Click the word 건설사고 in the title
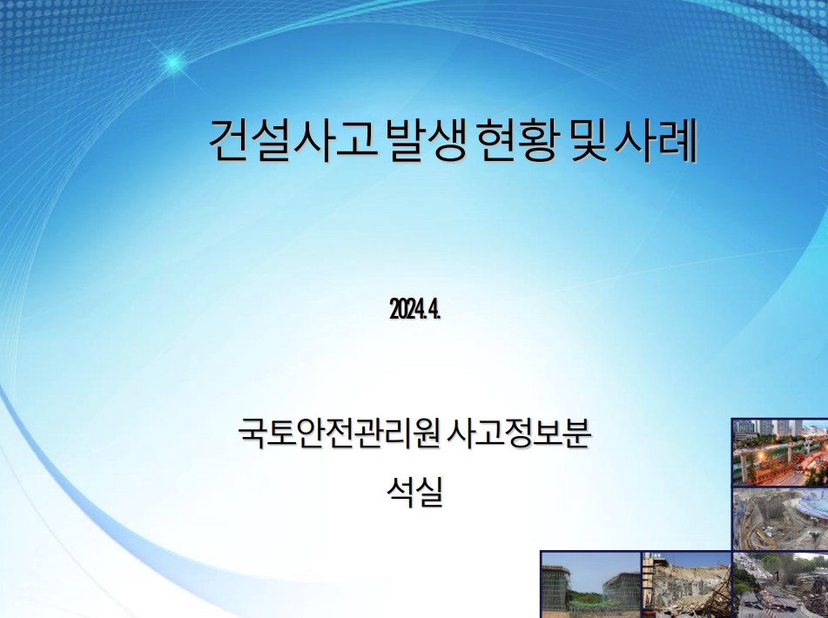pos(293,140)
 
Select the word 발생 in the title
pos(426,140)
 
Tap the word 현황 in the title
pos(516,140)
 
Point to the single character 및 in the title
pos(586,140)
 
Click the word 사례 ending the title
pos(656,140)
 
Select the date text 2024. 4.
pos(415,309)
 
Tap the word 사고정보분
pos(519,433)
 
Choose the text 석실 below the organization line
pos(414,492)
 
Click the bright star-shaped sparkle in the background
pos(172,63)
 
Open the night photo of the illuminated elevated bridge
pos(780,453)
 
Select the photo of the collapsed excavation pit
pos(780,519)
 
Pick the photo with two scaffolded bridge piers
pos(591,585)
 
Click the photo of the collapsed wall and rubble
pos(686,585)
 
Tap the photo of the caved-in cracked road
pos(780,585)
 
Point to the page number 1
pos(777,575)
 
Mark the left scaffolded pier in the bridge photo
pos(556,588)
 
